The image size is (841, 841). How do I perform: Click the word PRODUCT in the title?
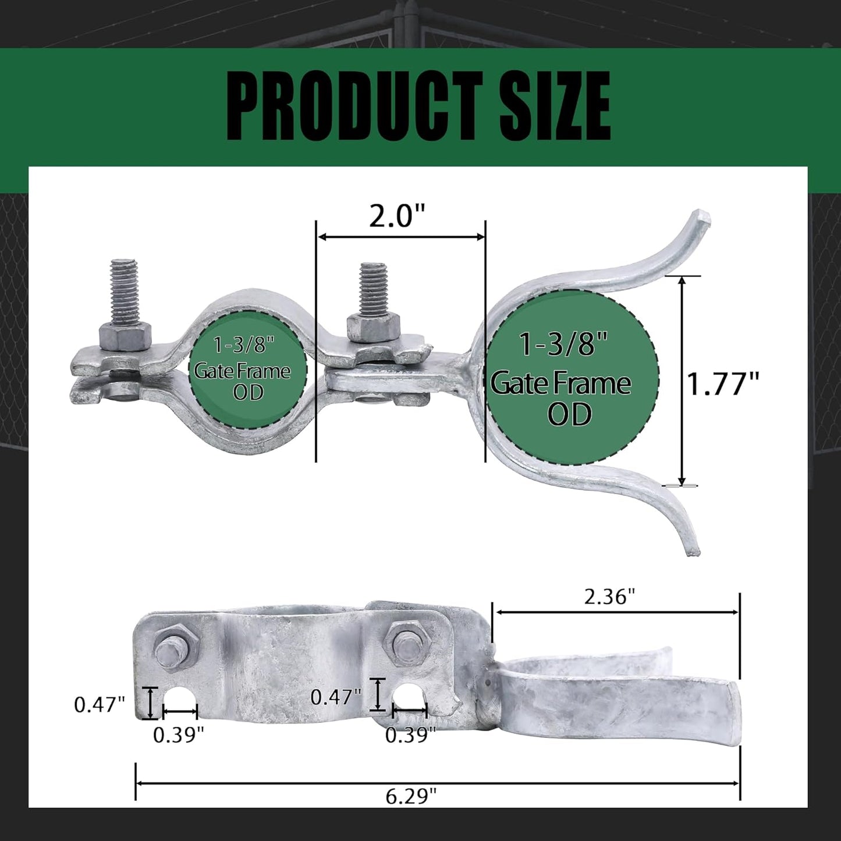[x=353, y=106]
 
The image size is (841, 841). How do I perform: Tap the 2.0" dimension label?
[x=398, y=217]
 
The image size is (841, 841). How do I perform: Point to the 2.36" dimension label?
[x=609, y=597]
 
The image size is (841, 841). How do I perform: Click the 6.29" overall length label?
[x=411, y=796]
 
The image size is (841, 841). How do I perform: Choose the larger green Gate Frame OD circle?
[x=572, y=377]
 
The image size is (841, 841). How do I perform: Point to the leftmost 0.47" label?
[x=100, y=705]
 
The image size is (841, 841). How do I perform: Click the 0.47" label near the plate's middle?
[x=336, y=697]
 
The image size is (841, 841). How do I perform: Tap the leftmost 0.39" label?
[x=178, y=736]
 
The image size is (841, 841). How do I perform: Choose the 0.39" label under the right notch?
[x=410, y=735]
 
